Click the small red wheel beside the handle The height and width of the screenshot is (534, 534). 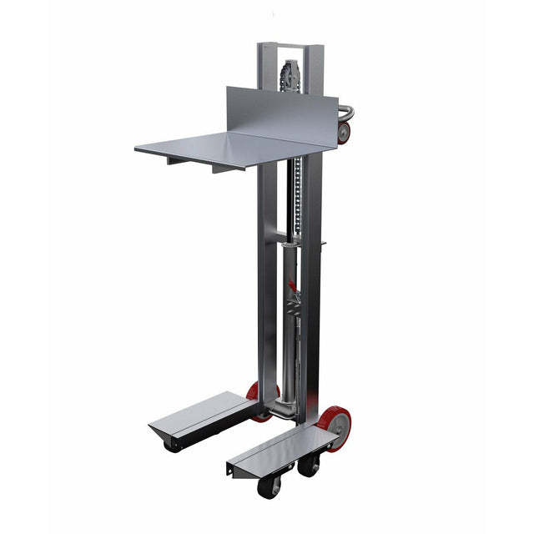(344, 133)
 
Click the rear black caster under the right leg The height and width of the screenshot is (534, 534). (308, 465)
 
